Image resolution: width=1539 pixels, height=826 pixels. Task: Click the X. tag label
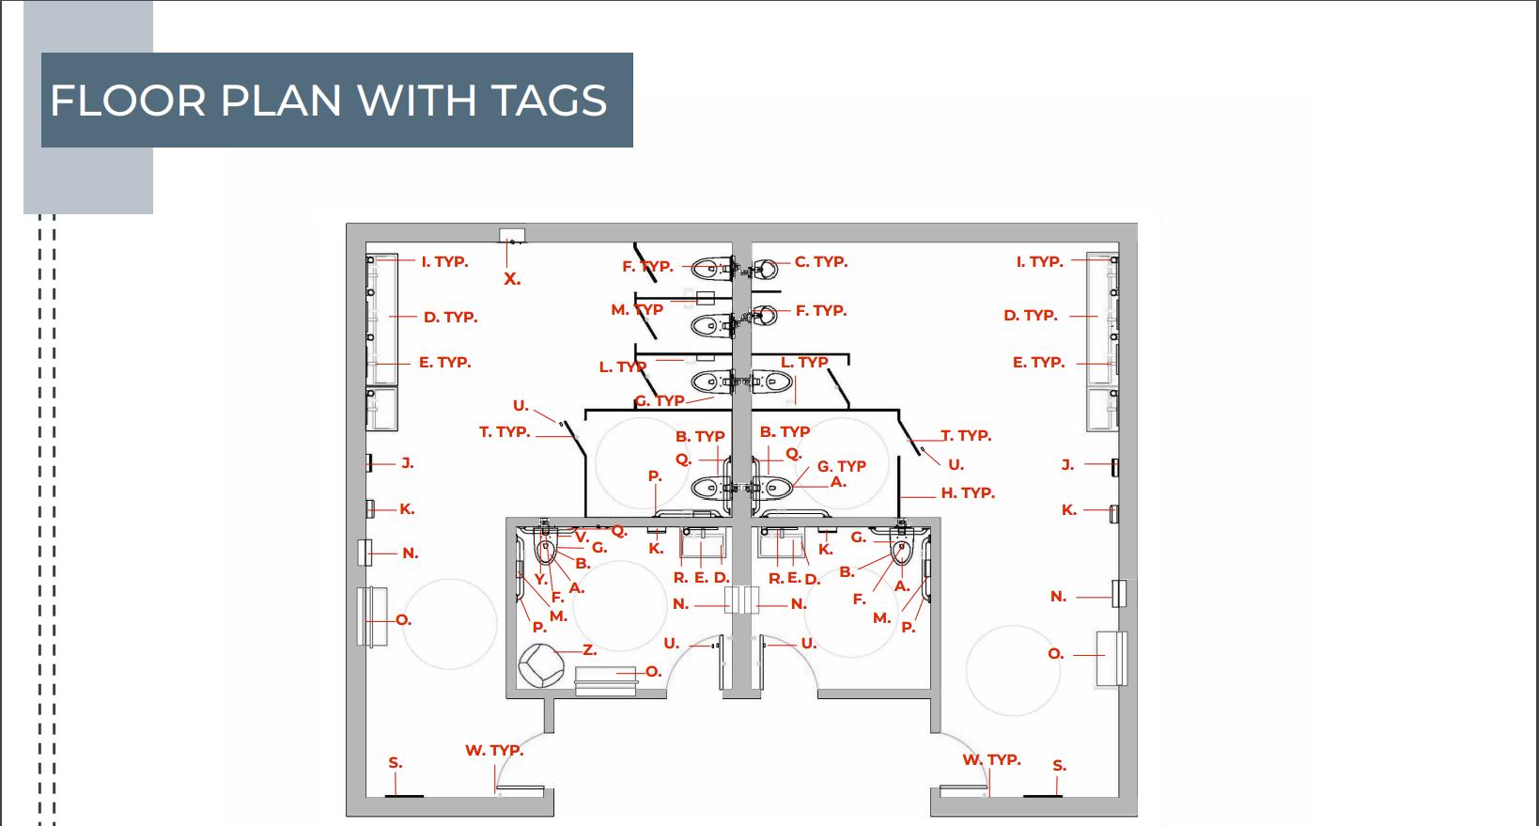click(511, 279)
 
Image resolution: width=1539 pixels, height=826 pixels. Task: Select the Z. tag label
click(589, 649)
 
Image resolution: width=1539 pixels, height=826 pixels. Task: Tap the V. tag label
click(581, 538)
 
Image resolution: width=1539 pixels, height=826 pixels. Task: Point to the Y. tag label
click(540, 579)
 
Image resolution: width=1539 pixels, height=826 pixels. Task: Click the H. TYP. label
click(967, 492)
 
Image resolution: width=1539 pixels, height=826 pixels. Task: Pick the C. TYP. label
click(820, 262)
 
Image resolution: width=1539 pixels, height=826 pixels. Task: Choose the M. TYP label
click(637, 309)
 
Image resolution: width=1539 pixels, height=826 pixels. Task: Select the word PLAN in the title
click(280, 101)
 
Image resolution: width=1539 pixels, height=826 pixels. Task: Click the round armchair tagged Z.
click(539, 665)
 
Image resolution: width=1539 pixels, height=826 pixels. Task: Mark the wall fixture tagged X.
click(511, 235)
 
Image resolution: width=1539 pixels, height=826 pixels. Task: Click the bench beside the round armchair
click(605, 679)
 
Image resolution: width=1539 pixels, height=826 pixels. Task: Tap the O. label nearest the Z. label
click(653, 671)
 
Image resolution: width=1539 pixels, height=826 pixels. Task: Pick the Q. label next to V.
click(618, 531)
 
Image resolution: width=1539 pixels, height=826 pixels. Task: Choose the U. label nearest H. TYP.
click(956, 464)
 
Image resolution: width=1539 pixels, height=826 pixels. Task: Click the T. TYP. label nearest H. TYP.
click(967, 435)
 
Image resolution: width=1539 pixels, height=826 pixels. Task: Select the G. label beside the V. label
click(598, 548)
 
